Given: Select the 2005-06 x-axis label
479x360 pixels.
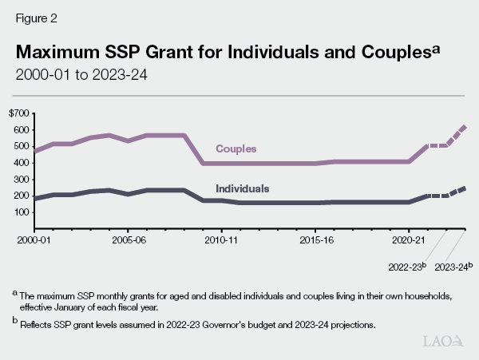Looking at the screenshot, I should click(128, 239).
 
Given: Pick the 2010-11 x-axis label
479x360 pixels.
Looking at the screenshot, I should click(221, 239).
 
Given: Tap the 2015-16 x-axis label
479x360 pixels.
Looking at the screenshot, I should click(315, 239).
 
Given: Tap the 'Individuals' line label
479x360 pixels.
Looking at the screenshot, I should click(242, 189).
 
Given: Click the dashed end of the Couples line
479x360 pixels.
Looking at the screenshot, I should click(455, 136).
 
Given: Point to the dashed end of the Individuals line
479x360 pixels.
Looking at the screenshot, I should click(455, 192).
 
